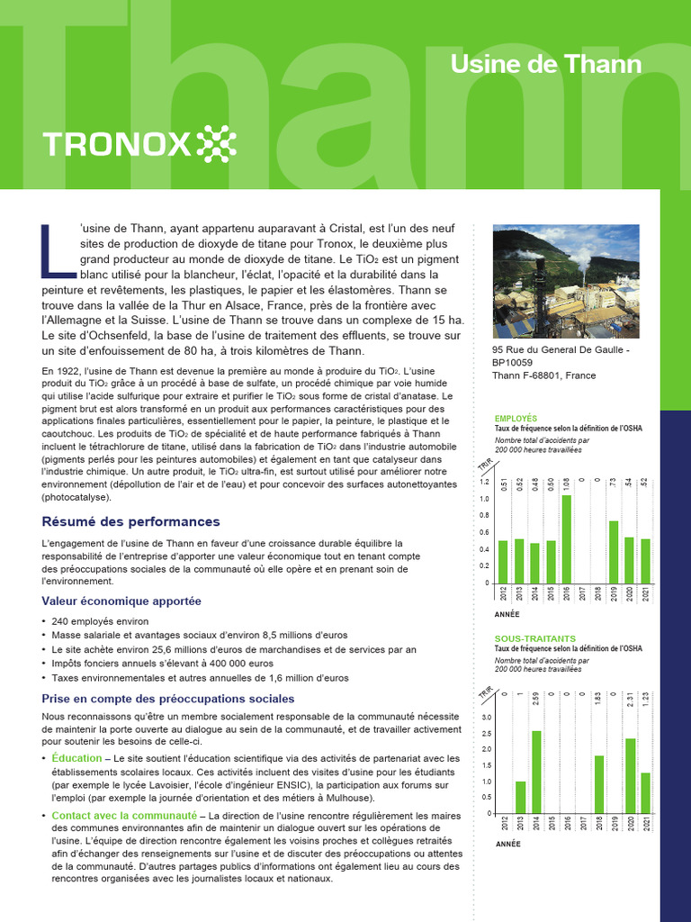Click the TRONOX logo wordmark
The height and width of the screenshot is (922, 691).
[116, 142]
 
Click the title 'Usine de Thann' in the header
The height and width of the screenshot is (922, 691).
[545, 64]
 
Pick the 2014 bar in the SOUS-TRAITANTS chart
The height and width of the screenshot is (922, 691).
[535, 772]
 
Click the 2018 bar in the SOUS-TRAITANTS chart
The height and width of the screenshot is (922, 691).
[598, 784]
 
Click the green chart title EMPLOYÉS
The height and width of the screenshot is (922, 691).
[516, 419]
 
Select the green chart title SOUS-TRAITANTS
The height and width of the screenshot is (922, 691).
[535, 638]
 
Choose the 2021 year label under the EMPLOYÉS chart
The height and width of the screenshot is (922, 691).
[645, 593]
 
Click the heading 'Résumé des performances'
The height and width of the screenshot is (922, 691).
[130, 522]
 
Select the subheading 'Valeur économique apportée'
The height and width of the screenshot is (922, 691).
[121, 601]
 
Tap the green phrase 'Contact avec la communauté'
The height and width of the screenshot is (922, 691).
[124, 815]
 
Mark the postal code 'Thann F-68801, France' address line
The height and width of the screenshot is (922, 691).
[544, 375]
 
